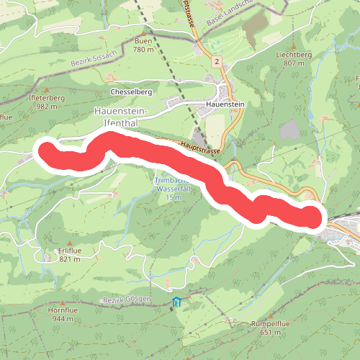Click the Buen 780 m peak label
(x=143, y=45)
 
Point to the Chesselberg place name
(x=130, y=92)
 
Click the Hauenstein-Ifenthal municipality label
(x=121, y=117)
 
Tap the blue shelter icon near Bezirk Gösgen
(x=176, y=302)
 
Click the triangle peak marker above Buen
(x=143, y=33)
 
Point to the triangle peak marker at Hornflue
(x=61, y=302)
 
